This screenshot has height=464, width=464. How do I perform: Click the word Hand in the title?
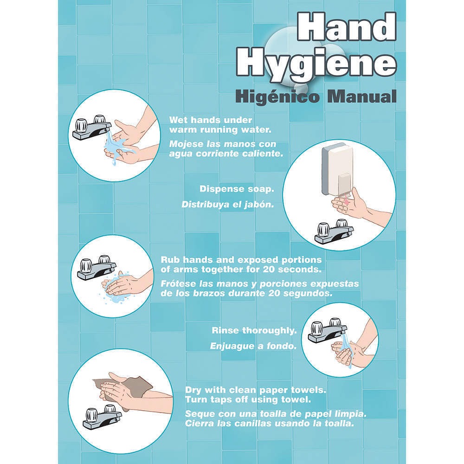coord(346,27)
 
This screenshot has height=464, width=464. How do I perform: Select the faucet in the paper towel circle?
coord(102,418)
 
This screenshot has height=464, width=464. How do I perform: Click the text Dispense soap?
coord(237,189)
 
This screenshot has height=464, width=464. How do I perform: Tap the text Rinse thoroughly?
coord(254,330)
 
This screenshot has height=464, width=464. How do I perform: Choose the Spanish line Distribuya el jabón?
coord(227,205)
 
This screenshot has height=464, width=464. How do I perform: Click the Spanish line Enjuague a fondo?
coord(253,346)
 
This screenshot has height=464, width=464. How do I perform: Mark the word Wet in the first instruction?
coord(179,120)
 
